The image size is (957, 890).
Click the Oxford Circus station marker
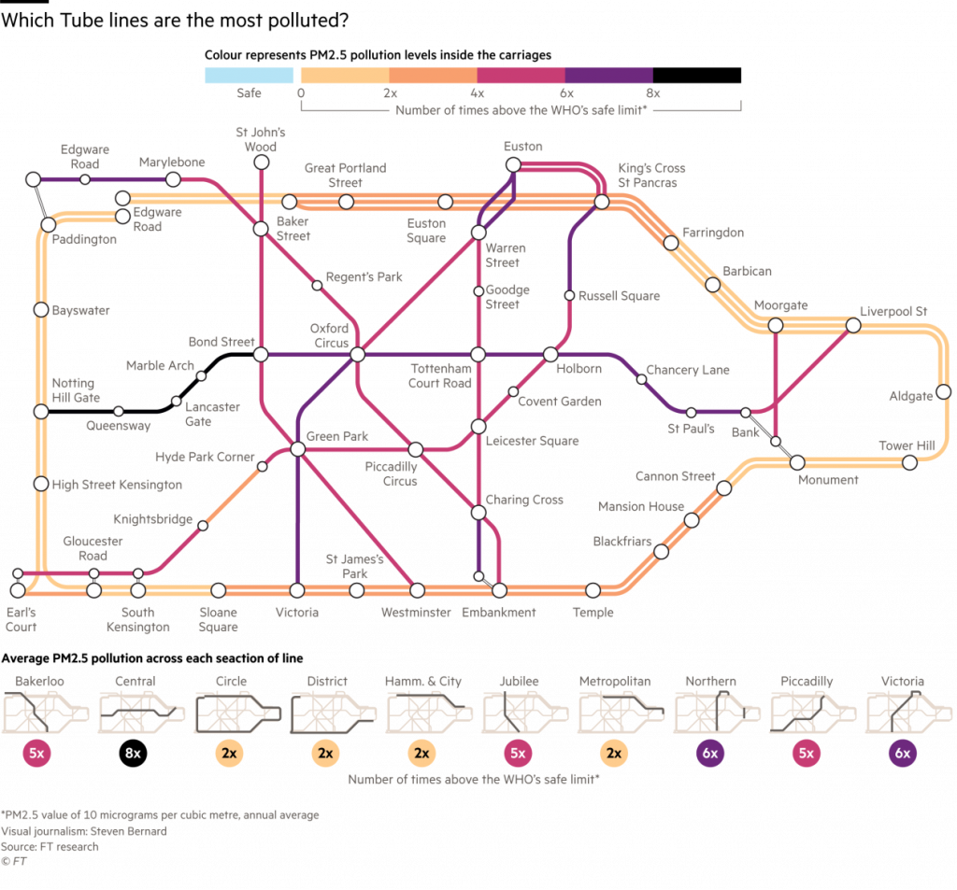pyautogui.click(x=356, y=355)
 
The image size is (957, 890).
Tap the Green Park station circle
pyautogui.click(x=297, y=449)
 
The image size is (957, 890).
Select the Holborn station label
pyautogui.click(x=578, y=369)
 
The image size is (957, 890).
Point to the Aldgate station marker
pyautogui.click(x=943, y=391)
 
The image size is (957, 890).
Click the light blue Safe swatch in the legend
pyautogui.click(x=250, y=75)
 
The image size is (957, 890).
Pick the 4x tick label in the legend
pyautogui.click(x=478, y=92)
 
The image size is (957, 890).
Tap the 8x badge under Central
pyautogui.click(x=133, y=753)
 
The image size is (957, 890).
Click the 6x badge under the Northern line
pyautogui.click(x=709, y=753)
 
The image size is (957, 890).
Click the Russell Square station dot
pyautogui.click(x=569, y=296)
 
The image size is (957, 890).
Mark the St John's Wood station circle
pyautogui.click(x=262, y=163)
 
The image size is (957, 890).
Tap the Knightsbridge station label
pyautogui.click(x=153, y=519)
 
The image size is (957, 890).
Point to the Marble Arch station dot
pyautogui.click(x=201, y=375)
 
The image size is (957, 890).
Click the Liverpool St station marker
pyautogui.click(x=852, y=325)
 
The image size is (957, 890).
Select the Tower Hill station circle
pyautogui.click(x=908, y=462)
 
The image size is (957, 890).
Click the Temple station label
pyautogui.click(x=593, y=613)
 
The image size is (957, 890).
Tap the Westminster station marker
pyautogui.click(x=417, y=590)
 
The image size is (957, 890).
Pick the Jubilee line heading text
pyautogui.click(x=518, y=682)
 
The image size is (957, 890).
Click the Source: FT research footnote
pyautogui.click(x=50, y=847)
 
